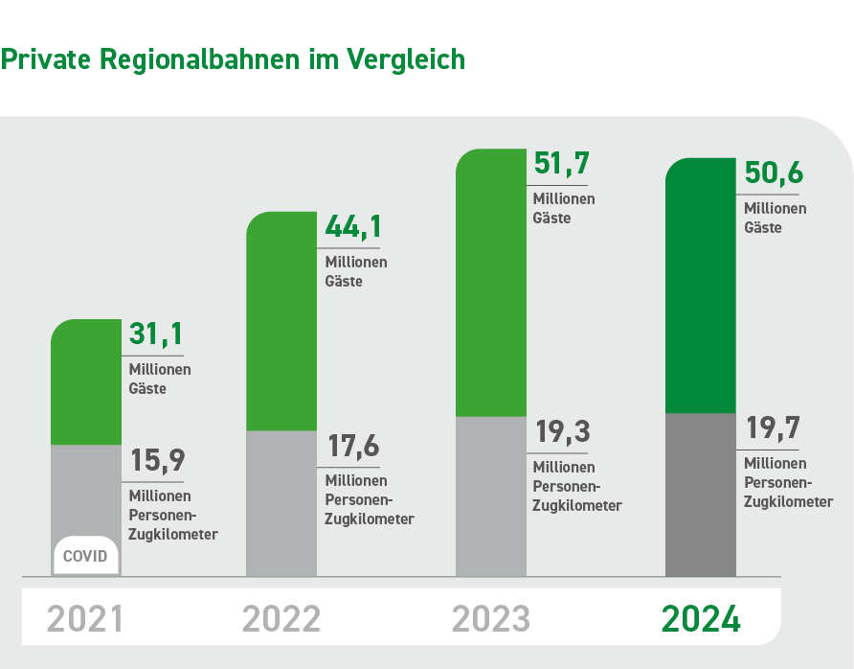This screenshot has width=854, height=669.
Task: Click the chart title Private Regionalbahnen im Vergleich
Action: (x=233, y=59)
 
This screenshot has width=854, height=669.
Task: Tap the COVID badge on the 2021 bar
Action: (x=86, y=556)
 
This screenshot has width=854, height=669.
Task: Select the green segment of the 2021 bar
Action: (x=86, y=383)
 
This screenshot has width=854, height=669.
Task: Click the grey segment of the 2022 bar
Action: (x=281, y=503)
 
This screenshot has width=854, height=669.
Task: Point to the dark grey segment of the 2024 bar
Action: (x=701, y=495)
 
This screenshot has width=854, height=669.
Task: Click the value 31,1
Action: (x=155, y=335)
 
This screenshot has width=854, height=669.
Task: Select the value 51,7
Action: (x=560, y=164)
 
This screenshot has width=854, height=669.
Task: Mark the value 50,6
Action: (x=773, y=173)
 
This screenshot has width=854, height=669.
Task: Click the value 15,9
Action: (x=155, y=461)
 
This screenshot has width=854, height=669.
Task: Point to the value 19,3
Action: (x=560, y=432)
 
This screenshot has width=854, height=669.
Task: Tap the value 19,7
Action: (x=773, y=428)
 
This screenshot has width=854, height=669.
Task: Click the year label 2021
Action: (x=85, y=619)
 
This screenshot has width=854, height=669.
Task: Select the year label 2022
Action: (x=281, y=619)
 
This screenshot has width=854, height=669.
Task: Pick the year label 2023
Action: (x=491, y=619)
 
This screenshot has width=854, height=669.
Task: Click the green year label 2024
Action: (x=701, y=619)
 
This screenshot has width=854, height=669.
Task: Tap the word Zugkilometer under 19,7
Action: (x=788, y=501)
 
